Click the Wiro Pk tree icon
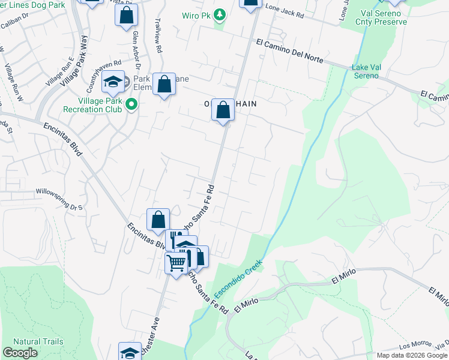coord(220,14)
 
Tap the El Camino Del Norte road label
coord(289,52)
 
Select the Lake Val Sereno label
coord(366,71)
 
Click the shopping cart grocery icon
coord(176,263)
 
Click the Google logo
coord(20,353)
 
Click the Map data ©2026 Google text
coord(412,355)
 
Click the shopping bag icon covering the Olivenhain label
coord(223,110)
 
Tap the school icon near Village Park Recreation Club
coord(112,83)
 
